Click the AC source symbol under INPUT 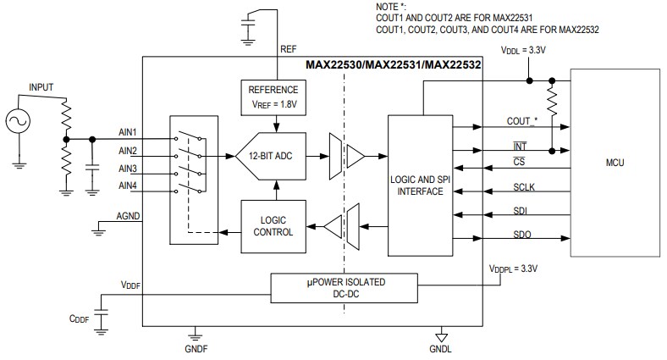17,122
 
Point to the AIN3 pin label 128,169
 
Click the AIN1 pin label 128,133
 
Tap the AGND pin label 127,216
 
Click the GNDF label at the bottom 196,348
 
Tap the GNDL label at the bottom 440,348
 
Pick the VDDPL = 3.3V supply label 513,269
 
